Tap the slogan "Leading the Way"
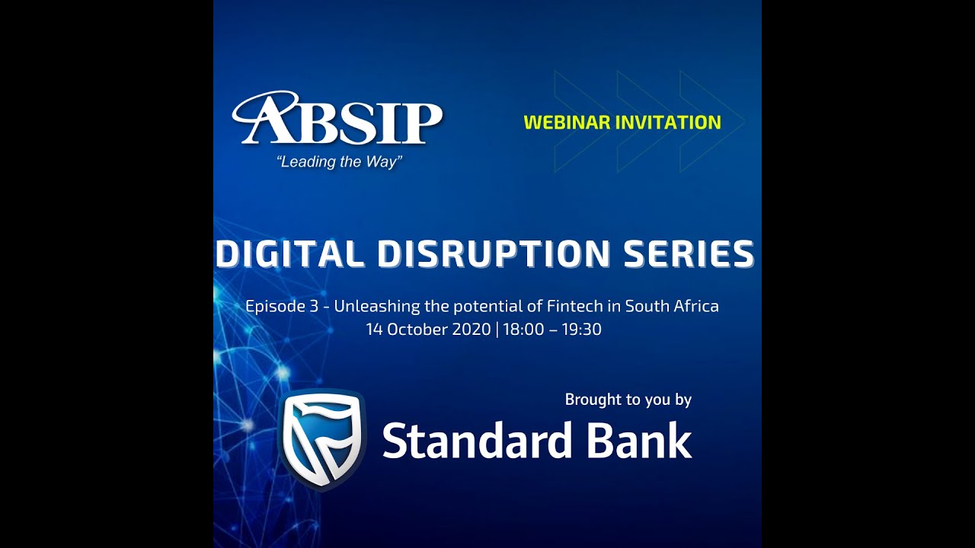pyautogui.click(x=339, y=162)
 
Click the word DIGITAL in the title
pyautogui.click(x=289, y=254)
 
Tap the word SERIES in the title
pyautogui.click(x=689, y=254)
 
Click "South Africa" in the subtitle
pyautogui.click(x=672, y=307)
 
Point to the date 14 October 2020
pyautogui.click(x=428, y=330)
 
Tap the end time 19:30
pyautogui.click(x=581, y=330)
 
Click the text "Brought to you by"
pyautogui.click(x=628, y=400)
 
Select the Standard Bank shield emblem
pyautogui.click(x=322, y=439)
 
